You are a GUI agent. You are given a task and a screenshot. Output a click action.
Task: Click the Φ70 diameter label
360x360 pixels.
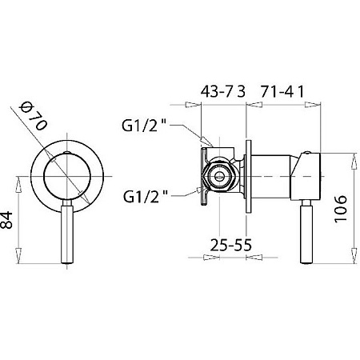[x=34, y=117]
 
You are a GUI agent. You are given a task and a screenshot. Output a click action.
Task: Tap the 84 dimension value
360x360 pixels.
[x=6, y=220]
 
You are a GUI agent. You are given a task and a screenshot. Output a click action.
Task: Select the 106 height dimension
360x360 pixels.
[x=341, y=209]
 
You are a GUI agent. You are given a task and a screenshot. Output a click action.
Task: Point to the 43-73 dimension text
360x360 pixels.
[x=222, y=92]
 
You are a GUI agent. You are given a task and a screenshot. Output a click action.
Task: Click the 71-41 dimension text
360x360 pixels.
[x=282, y=92]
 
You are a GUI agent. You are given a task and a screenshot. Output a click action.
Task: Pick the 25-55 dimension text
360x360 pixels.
[x=230, y=245]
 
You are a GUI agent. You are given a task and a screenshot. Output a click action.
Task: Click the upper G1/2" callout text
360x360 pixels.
[x=144, y=126]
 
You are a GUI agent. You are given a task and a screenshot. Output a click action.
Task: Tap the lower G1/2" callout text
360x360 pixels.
[x=146, y=197]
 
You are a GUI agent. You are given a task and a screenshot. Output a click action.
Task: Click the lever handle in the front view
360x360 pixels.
[x=67, y=231]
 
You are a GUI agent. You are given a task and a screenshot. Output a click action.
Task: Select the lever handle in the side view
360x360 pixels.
[x=306, y=231]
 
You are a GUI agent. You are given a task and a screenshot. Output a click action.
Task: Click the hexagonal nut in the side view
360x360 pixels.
[x=219, y=177]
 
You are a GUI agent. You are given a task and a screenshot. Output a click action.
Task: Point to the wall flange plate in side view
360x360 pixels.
[x=248, y=177]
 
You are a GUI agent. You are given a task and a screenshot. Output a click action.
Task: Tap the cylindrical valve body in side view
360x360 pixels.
[x=270, y=177]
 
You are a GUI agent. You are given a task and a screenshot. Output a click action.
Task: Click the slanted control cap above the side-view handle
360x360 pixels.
[x=306, y=177]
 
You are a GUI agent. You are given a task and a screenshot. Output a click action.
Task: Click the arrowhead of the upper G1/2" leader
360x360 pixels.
[x=206, y=142]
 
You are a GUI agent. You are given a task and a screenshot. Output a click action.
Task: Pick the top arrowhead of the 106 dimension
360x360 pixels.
[x=354, y=162]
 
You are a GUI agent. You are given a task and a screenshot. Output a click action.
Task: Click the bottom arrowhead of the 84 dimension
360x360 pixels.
[x=18, y=255]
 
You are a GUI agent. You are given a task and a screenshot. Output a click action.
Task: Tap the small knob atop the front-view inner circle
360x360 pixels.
[x=67, y=153]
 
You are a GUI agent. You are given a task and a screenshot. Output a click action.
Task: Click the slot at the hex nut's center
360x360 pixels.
[x=219, y=176]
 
